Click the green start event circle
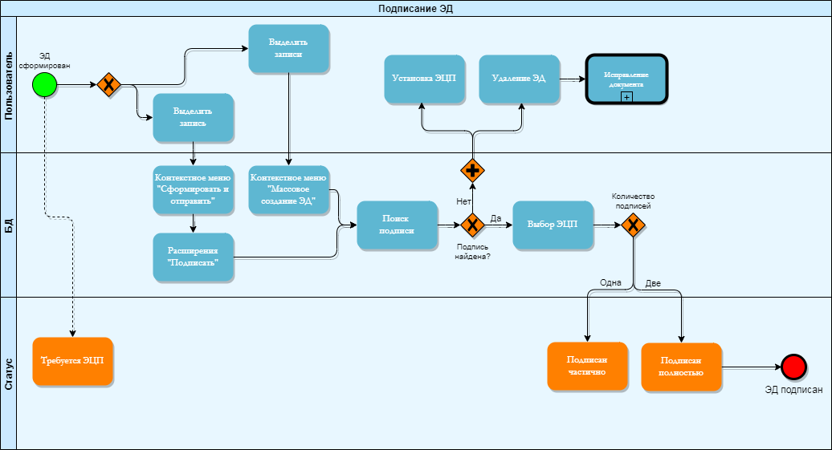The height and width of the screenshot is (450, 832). (46, 84)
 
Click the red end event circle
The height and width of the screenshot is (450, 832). (793, 367)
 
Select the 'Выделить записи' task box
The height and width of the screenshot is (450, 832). (288, 49)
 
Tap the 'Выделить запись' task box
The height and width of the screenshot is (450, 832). (193, 118)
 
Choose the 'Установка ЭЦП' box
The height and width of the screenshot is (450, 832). (424, 79)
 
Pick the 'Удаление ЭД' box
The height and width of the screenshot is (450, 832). (519, 79)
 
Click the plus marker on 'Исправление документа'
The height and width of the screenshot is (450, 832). (626, 96)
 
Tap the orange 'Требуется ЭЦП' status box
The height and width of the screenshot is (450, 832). (73, 362)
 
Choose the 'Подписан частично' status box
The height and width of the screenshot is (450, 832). (587, 367)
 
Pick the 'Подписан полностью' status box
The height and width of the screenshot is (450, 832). (681, 367)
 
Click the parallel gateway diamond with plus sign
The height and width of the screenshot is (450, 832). (472, 170)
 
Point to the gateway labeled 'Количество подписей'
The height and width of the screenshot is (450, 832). (633, 225)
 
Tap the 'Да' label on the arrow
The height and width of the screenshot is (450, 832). (496, 218)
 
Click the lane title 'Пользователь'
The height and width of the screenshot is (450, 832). (8, 84)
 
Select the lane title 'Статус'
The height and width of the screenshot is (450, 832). (8, 374)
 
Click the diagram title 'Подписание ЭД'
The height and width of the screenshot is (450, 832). (416, 8)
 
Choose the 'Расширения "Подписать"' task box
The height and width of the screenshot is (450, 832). (193, 257)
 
